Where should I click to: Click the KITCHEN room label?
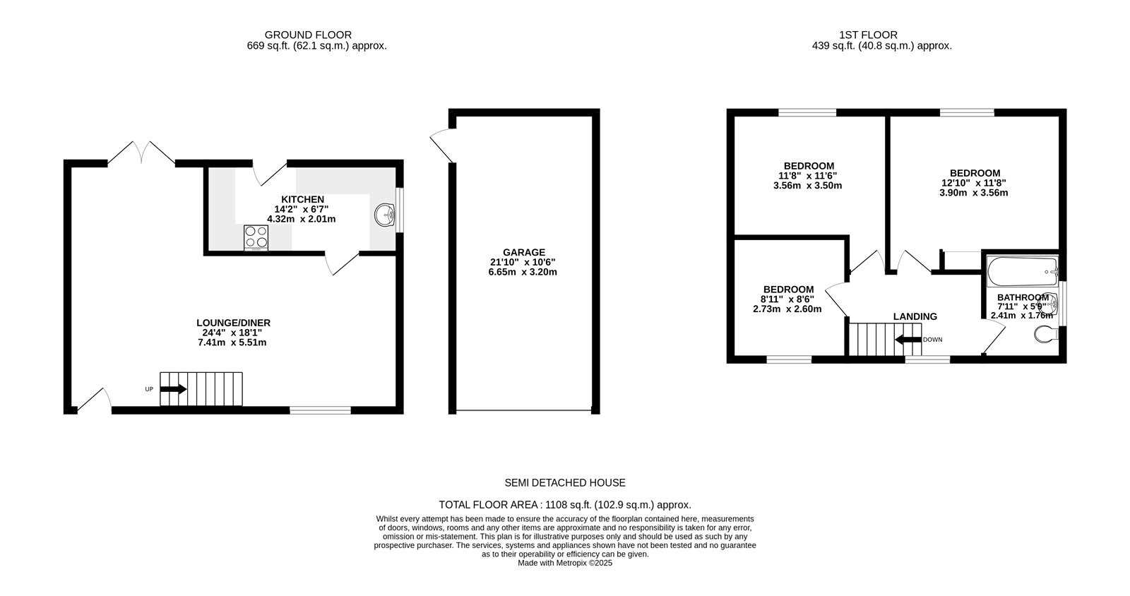(x=302, y=200)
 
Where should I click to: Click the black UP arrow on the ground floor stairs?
(x=174, y=388)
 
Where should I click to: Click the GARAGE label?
(x=523, y=252)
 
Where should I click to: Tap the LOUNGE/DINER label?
(x=234, y=323)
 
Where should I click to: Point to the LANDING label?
(x=915, y=316)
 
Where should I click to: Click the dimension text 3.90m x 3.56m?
(x=973, y=193)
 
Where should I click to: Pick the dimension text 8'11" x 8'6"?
(x=787, y=299)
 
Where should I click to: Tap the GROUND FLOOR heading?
(x=308, y=35)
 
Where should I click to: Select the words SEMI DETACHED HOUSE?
(x=565, y=483)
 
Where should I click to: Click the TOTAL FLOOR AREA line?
(x=565, y=505)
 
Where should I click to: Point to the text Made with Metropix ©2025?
(x=565, y=563)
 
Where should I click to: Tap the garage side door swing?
(x=444, y=145)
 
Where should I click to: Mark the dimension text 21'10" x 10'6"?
(x=523, y=262)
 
